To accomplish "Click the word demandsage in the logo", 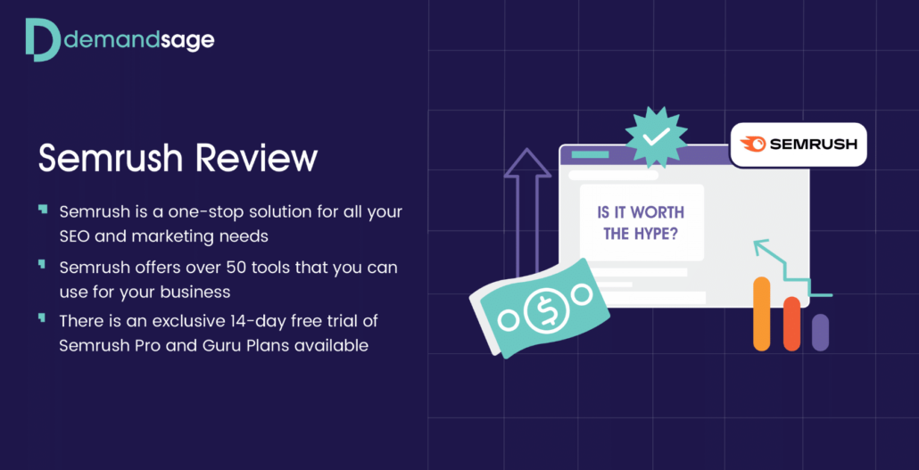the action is (x=137, y=40).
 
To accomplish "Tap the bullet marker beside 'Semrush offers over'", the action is (x=42, y=263).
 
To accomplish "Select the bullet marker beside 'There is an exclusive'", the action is (x=42, y=317).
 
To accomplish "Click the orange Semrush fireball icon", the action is (x=752, y=144).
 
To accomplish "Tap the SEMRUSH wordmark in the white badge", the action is (x=814, y=144).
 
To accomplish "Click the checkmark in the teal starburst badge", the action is (x=656, y=137).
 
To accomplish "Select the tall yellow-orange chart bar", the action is (x=761, y=314).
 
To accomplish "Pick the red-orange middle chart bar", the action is (x=791, y=324).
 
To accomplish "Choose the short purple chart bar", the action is (x=820, y=333).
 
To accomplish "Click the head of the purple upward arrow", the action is (x=528, y=162).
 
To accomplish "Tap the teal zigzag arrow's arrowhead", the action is (x=761, y=247).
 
